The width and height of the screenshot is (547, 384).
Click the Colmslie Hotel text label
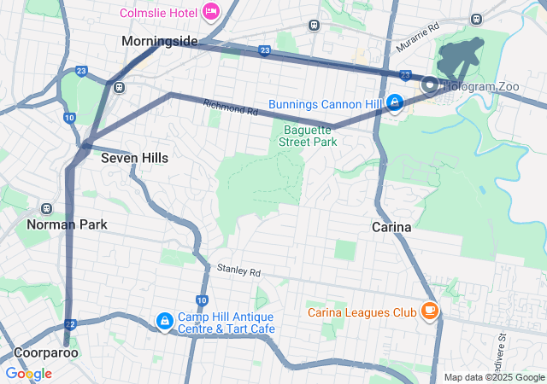(159, 12)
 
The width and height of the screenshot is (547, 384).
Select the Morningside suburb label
(159, 41)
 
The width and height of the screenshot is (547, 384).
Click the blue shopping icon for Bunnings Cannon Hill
(395, 103)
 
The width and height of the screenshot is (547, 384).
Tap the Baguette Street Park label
(308, 137)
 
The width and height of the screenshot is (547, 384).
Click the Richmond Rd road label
(230, 108)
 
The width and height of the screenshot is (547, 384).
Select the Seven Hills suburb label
(134, 158)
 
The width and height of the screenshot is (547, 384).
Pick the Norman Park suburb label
(67, 225)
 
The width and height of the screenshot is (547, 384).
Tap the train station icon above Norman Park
(47, 207)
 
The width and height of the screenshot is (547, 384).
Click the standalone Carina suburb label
(392, 228)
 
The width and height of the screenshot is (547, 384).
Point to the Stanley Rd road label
(238, 271)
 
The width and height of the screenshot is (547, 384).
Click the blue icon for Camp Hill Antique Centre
(162, 321)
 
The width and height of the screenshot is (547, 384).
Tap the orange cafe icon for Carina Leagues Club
(429, 311)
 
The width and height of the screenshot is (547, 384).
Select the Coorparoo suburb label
(46, 352)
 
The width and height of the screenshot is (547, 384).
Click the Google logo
(28, 374)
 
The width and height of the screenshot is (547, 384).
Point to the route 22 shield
(70, 323)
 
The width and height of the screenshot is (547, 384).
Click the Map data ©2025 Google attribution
(494, 377)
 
